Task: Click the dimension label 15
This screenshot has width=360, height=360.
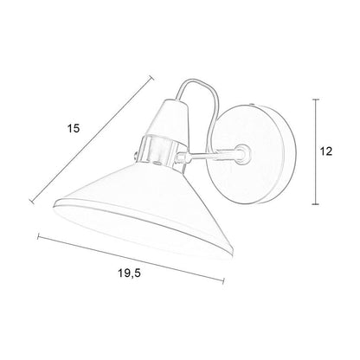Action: [74, 128]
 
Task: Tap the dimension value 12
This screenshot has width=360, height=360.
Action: [326, 151]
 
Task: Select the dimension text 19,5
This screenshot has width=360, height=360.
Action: [129, 273]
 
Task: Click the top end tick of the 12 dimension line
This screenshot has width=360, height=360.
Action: [316, 100]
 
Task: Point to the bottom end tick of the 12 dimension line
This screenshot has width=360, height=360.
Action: [316, 204]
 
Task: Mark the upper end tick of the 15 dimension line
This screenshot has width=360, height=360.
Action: [151, 78]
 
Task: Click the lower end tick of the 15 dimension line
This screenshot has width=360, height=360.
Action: [32, 201]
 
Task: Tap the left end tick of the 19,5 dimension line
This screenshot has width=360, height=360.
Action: [38, 237]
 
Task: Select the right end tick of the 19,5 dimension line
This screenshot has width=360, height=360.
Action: [223, 281]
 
